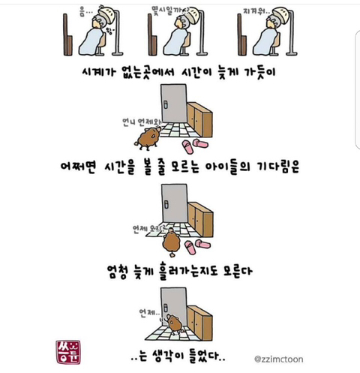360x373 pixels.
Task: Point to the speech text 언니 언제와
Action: tap(138, 120)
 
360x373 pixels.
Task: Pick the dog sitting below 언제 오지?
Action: tap(170, 243)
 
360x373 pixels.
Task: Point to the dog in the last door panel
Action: tap(175, 322)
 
